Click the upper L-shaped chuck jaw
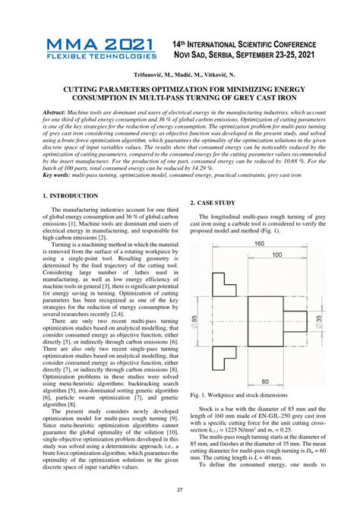[226, 283]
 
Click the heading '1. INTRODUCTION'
[71, 197]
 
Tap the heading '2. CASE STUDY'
[213, 203]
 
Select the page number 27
[180, 490]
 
